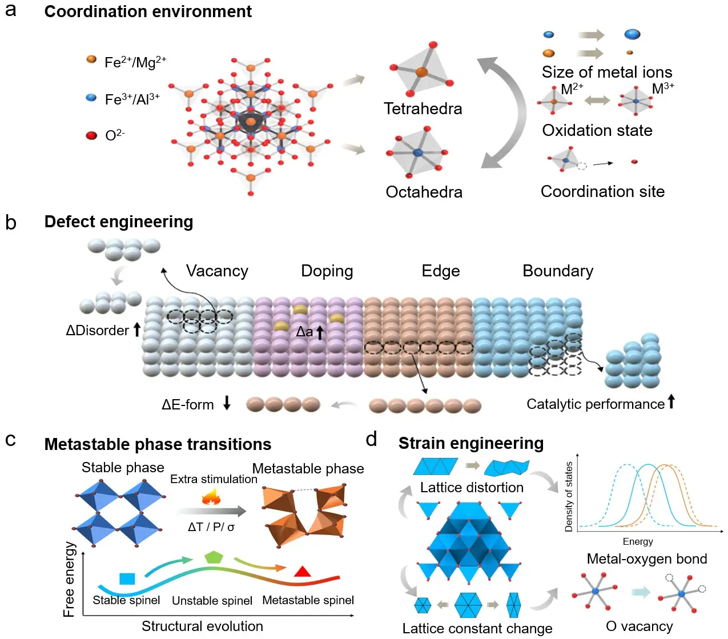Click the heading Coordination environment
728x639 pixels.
(148, 11)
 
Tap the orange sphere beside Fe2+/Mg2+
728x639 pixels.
(91, 59)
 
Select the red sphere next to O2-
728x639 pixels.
(91, 135)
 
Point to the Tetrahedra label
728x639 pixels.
(423, 108)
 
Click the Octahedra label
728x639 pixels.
(424, 192)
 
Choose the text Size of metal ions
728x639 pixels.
(606, 72)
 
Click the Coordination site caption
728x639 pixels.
(602, 191)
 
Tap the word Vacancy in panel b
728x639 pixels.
(217, 271)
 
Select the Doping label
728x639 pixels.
(327, 271)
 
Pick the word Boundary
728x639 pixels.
(558, 271)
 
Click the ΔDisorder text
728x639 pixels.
(98, 331)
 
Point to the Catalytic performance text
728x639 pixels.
(595, 404)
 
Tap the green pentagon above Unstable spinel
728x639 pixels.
(213, 557)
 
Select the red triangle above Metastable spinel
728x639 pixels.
(302, 571)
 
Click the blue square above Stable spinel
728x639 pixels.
(127, 578)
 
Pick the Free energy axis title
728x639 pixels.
(69, 579)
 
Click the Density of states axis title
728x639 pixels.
(569, 497)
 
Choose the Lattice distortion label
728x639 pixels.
(472, 487)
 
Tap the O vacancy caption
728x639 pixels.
(639, 626)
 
